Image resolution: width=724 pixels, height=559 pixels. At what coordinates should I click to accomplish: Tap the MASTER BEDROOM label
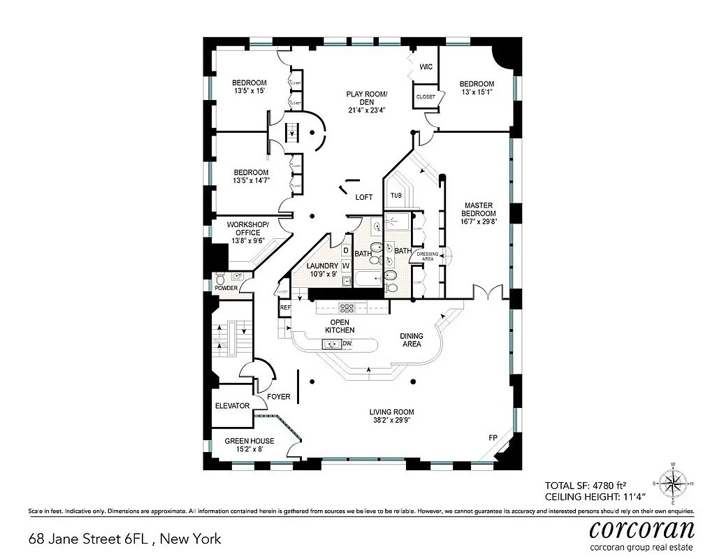[x=479, y=213]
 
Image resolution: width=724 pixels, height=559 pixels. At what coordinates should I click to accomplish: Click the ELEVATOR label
[x=232, y=405]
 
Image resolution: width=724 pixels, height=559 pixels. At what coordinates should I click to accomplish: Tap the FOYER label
[x=278, y=397]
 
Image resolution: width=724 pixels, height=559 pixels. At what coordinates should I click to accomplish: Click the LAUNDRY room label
[x=322, y=270]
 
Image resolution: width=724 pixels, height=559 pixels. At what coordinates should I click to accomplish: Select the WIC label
[x=426, y=67]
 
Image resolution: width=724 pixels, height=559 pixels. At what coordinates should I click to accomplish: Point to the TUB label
[x=396, y=196]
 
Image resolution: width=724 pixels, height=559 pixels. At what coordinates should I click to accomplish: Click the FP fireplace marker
[x=493, y=437]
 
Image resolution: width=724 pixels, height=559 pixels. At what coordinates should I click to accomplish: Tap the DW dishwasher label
[x=347, y=343]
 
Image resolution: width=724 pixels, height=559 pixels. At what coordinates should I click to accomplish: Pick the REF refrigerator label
[x=284, y=307]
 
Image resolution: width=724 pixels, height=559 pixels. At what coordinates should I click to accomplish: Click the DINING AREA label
[x=411, y=340]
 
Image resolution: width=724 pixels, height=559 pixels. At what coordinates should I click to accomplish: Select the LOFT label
[x=363, y=197]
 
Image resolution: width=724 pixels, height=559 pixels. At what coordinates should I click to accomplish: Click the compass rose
[x=673, y=483]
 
